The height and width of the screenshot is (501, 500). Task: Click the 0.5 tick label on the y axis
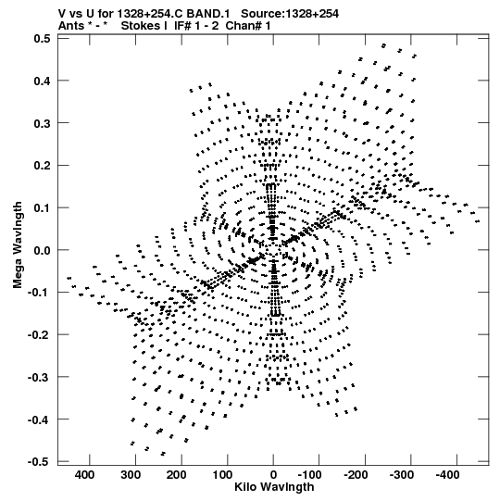(x=43, y=39)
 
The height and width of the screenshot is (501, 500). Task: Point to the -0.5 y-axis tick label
(x=39, y=462)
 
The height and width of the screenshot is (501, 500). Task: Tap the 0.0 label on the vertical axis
(x=43, y=250)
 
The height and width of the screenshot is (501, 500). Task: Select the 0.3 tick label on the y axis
(x=43, y=123)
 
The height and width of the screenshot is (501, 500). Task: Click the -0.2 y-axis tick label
(x=39, y=335)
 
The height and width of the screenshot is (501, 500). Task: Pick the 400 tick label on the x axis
(x=84, y=475)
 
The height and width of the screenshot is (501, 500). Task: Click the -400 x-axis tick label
(x=447, y=475)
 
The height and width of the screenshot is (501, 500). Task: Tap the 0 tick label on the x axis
(x=273, y=475)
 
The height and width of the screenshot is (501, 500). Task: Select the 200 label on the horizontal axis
(x=177, y=475)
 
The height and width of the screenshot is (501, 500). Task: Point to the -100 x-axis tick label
(x=309, y=475)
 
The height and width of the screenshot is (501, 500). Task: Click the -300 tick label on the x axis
(x=402, y=475)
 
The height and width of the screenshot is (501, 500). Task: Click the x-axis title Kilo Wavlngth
(x=274, y=487)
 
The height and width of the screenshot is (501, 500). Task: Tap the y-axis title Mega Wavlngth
(x=18, y=245)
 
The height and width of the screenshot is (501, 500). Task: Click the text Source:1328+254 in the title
(x=290, y=14)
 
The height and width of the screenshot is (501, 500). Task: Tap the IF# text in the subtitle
(x=182, y=26)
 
